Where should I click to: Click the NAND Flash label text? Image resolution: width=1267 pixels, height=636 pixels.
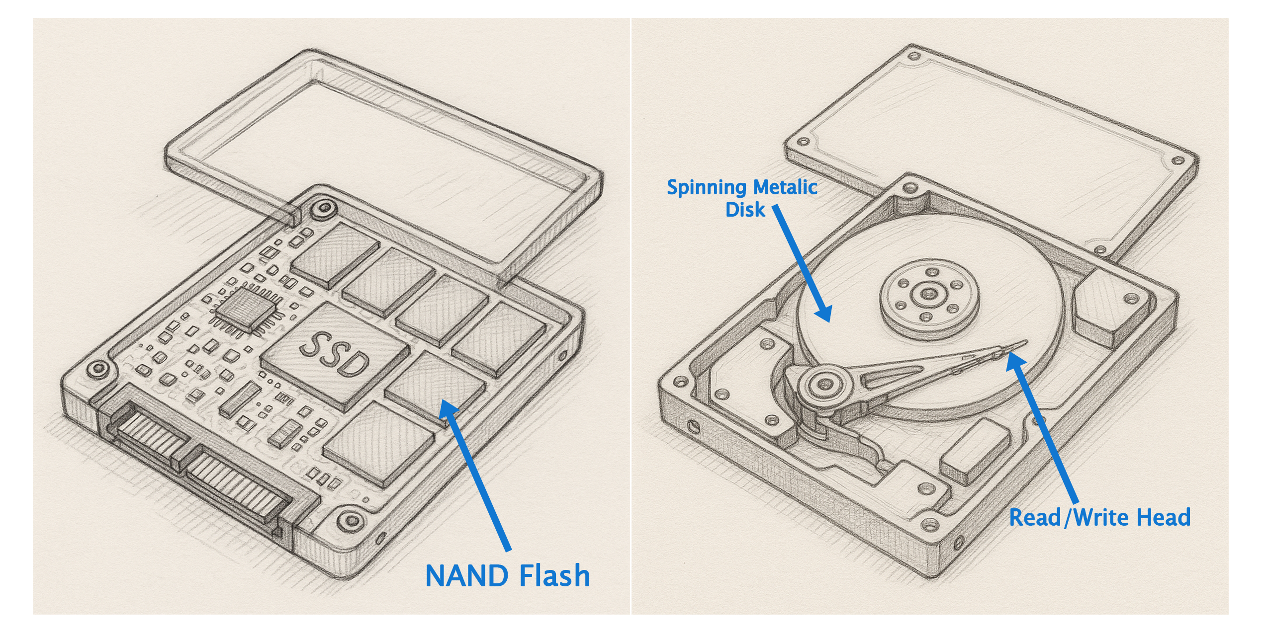(x=507, y=576)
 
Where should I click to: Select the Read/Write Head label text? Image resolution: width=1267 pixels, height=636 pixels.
(x=1099, y=518)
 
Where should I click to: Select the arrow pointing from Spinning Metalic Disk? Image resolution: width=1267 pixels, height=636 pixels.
(x=802, y=263)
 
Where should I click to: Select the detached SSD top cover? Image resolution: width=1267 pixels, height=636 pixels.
(x=383, y=149)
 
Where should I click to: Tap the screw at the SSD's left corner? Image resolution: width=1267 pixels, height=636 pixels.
(x=97, y=369)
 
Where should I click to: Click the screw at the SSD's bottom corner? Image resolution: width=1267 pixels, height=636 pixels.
(x=351, y=521)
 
